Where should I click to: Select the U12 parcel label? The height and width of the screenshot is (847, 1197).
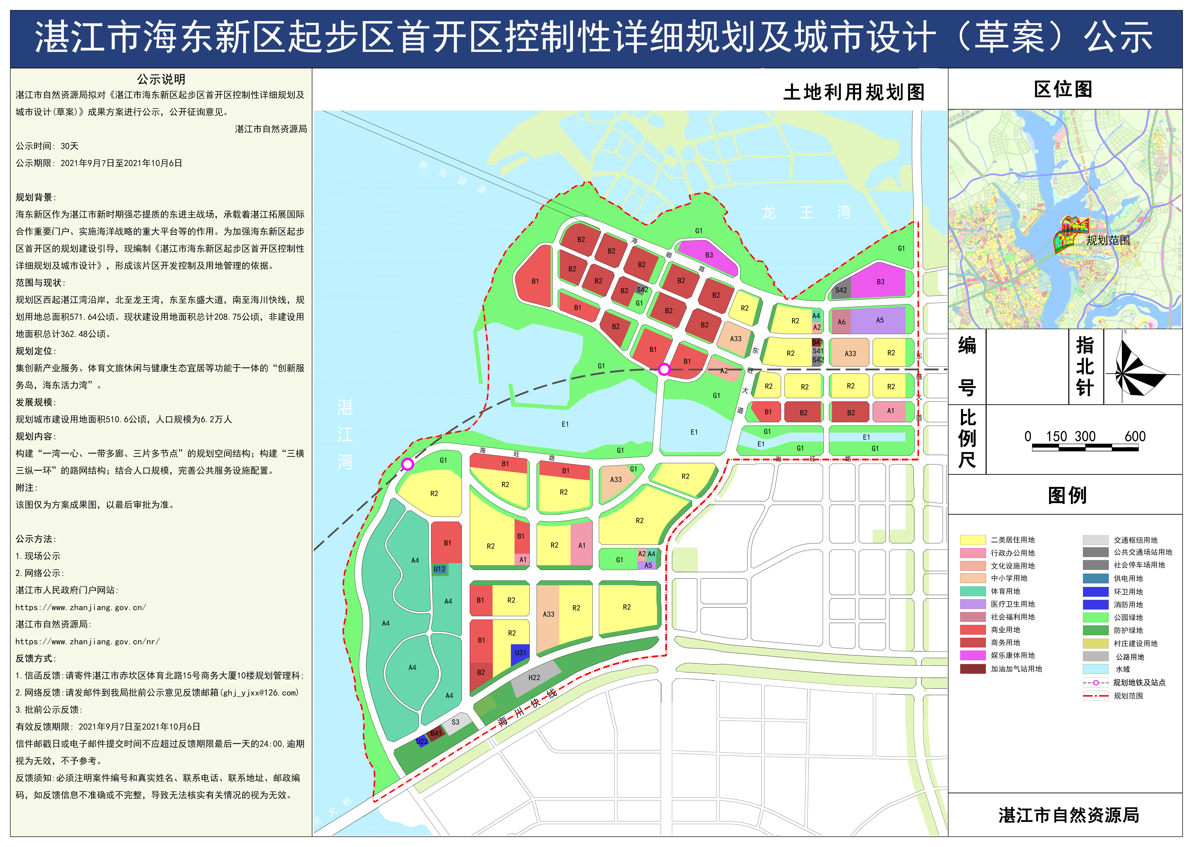[439, 569]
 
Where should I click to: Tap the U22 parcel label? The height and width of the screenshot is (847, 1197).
[422, 741]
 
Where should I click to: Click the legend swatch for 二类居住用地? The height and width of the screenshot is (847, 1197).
[972, 540]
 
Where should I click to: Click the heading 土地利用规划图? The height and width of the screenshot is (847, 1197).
[853, 92]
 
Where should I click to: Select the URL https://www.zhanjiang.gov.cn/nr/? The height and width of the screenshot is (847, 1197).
[88, 642]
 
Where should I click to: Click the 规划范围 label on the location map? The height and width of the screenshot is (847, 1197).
[1108, 240]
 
